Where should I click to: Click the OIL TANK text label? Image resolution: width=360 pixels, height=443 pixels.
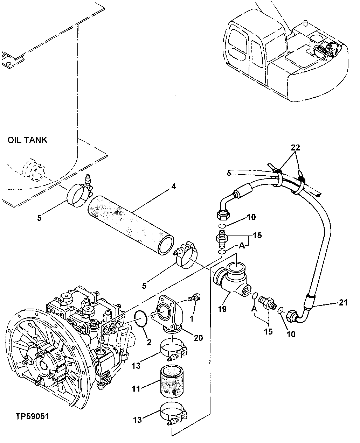click(27, 140)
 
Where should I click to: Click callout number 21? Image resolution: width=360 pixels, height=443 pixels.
click(344, 302)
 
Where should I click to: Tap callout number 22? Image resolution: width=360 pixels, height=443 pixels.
click(296, 148)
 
